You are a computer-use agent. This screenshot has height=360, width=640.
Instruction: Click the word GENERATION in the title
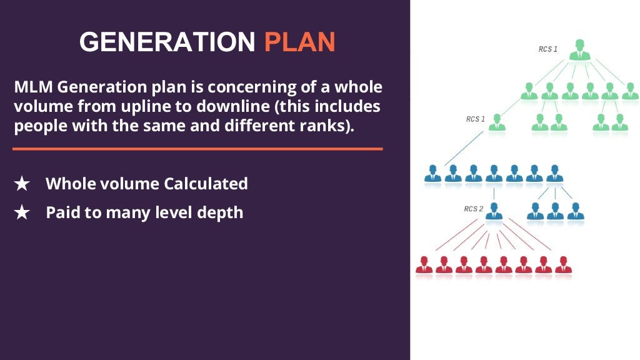coord(167,42)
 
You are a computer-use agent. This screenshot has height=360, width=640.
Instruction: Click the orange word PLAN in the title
coord(299,42)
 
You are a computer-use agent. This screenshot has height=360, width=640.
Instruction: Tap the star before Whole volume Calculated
coord(22,184)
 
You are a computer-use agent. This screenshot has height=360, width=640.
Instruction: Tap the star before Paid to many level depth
coord(22,212)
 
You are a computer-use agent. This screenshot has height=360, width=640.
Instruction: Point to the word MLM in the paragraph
coord(32,87)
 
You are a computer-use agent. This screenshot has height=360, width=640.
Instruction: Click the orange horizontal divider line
coord(197,149)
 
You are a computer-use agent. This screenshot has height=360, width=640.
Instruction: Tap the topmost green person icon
coord(580,50)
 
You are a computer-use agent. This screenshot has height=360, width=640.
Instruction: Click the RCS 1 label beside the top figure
coord(548,49)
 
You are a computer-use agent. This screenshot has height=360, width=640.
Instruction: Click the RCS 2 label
coord(473,209)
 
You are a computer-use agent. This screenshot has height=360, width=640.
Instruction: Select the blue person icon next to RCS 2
coord(494,211)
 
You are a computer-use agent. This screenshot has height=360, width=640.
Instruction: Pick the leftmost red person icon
coord(424,264)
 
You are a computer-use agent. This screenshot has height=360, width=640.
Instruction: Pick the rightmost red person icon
coord(563,264)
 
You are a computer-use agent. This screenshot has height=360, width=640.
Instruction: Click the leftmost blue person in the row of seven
coord(432,174)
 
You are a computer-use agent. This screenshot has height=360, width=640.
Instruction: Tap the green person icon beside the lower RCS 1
coord(497,122)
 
